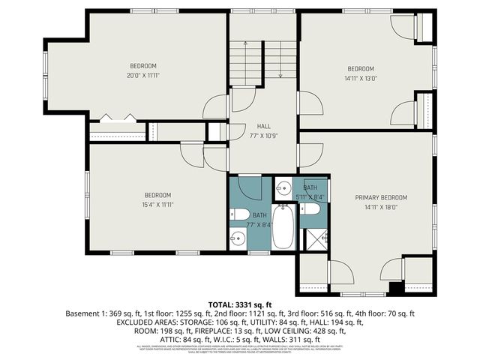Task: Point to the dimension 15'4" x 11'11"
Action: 157,204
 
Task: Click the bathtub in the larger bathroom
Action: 283,227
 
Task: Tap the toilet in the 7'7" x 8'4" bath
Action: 240,216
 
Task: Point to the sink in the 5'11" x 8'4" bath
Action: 283,187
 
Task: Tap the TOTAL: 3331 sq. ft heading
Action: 238,304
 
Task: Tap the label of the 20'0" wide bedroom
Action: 142,65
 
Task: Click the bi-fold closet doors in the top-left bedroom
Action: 118,118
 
